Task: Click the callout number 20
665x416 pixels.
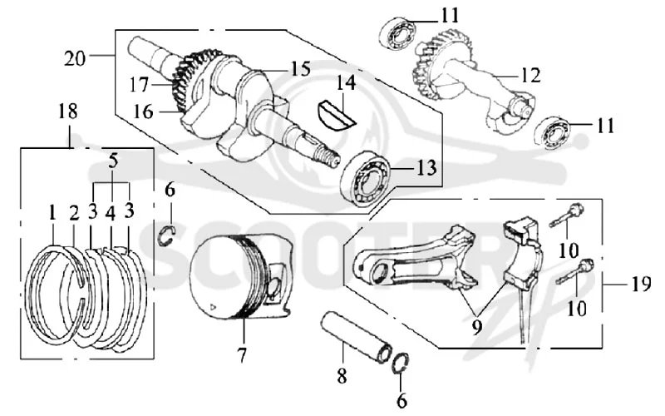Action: pos(75,57)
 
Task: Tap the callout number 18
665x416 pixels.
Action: pos(68,111)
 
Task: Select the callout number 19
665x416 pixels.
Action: pos(641,284)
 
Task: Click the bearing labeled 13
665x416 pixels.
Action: pos(367,178)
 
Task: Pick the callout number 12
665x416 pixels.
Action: pos(530,75)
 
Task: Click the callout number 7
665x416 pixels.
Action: pos(241,355)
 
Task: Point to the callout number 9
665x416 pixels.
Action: pos(476,327)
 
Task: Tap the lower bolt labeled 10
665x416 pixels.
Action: pos(575,271)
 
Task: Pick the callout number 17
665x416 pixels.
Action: pos(140,86)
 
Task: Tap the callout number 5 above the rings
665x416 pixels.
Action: pos(112,161)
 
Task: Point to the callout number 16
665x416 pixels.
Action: pos(143,111)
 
